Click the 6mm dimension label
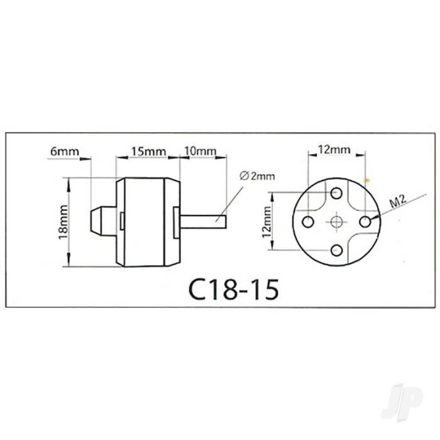point(65,151)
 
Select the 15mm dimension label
point(149,151)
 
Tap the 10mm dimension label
point(200,151)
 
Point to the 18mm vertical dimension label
point(63,222)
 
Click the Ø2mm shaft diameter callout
point(257,176)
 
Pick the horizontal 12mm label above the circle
point(334,150)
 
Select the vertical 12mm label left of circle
point(267,222)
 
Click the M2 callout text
point(398,202)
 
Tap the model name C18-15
point(234,289)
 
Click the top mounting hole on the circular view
point(336,193)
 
